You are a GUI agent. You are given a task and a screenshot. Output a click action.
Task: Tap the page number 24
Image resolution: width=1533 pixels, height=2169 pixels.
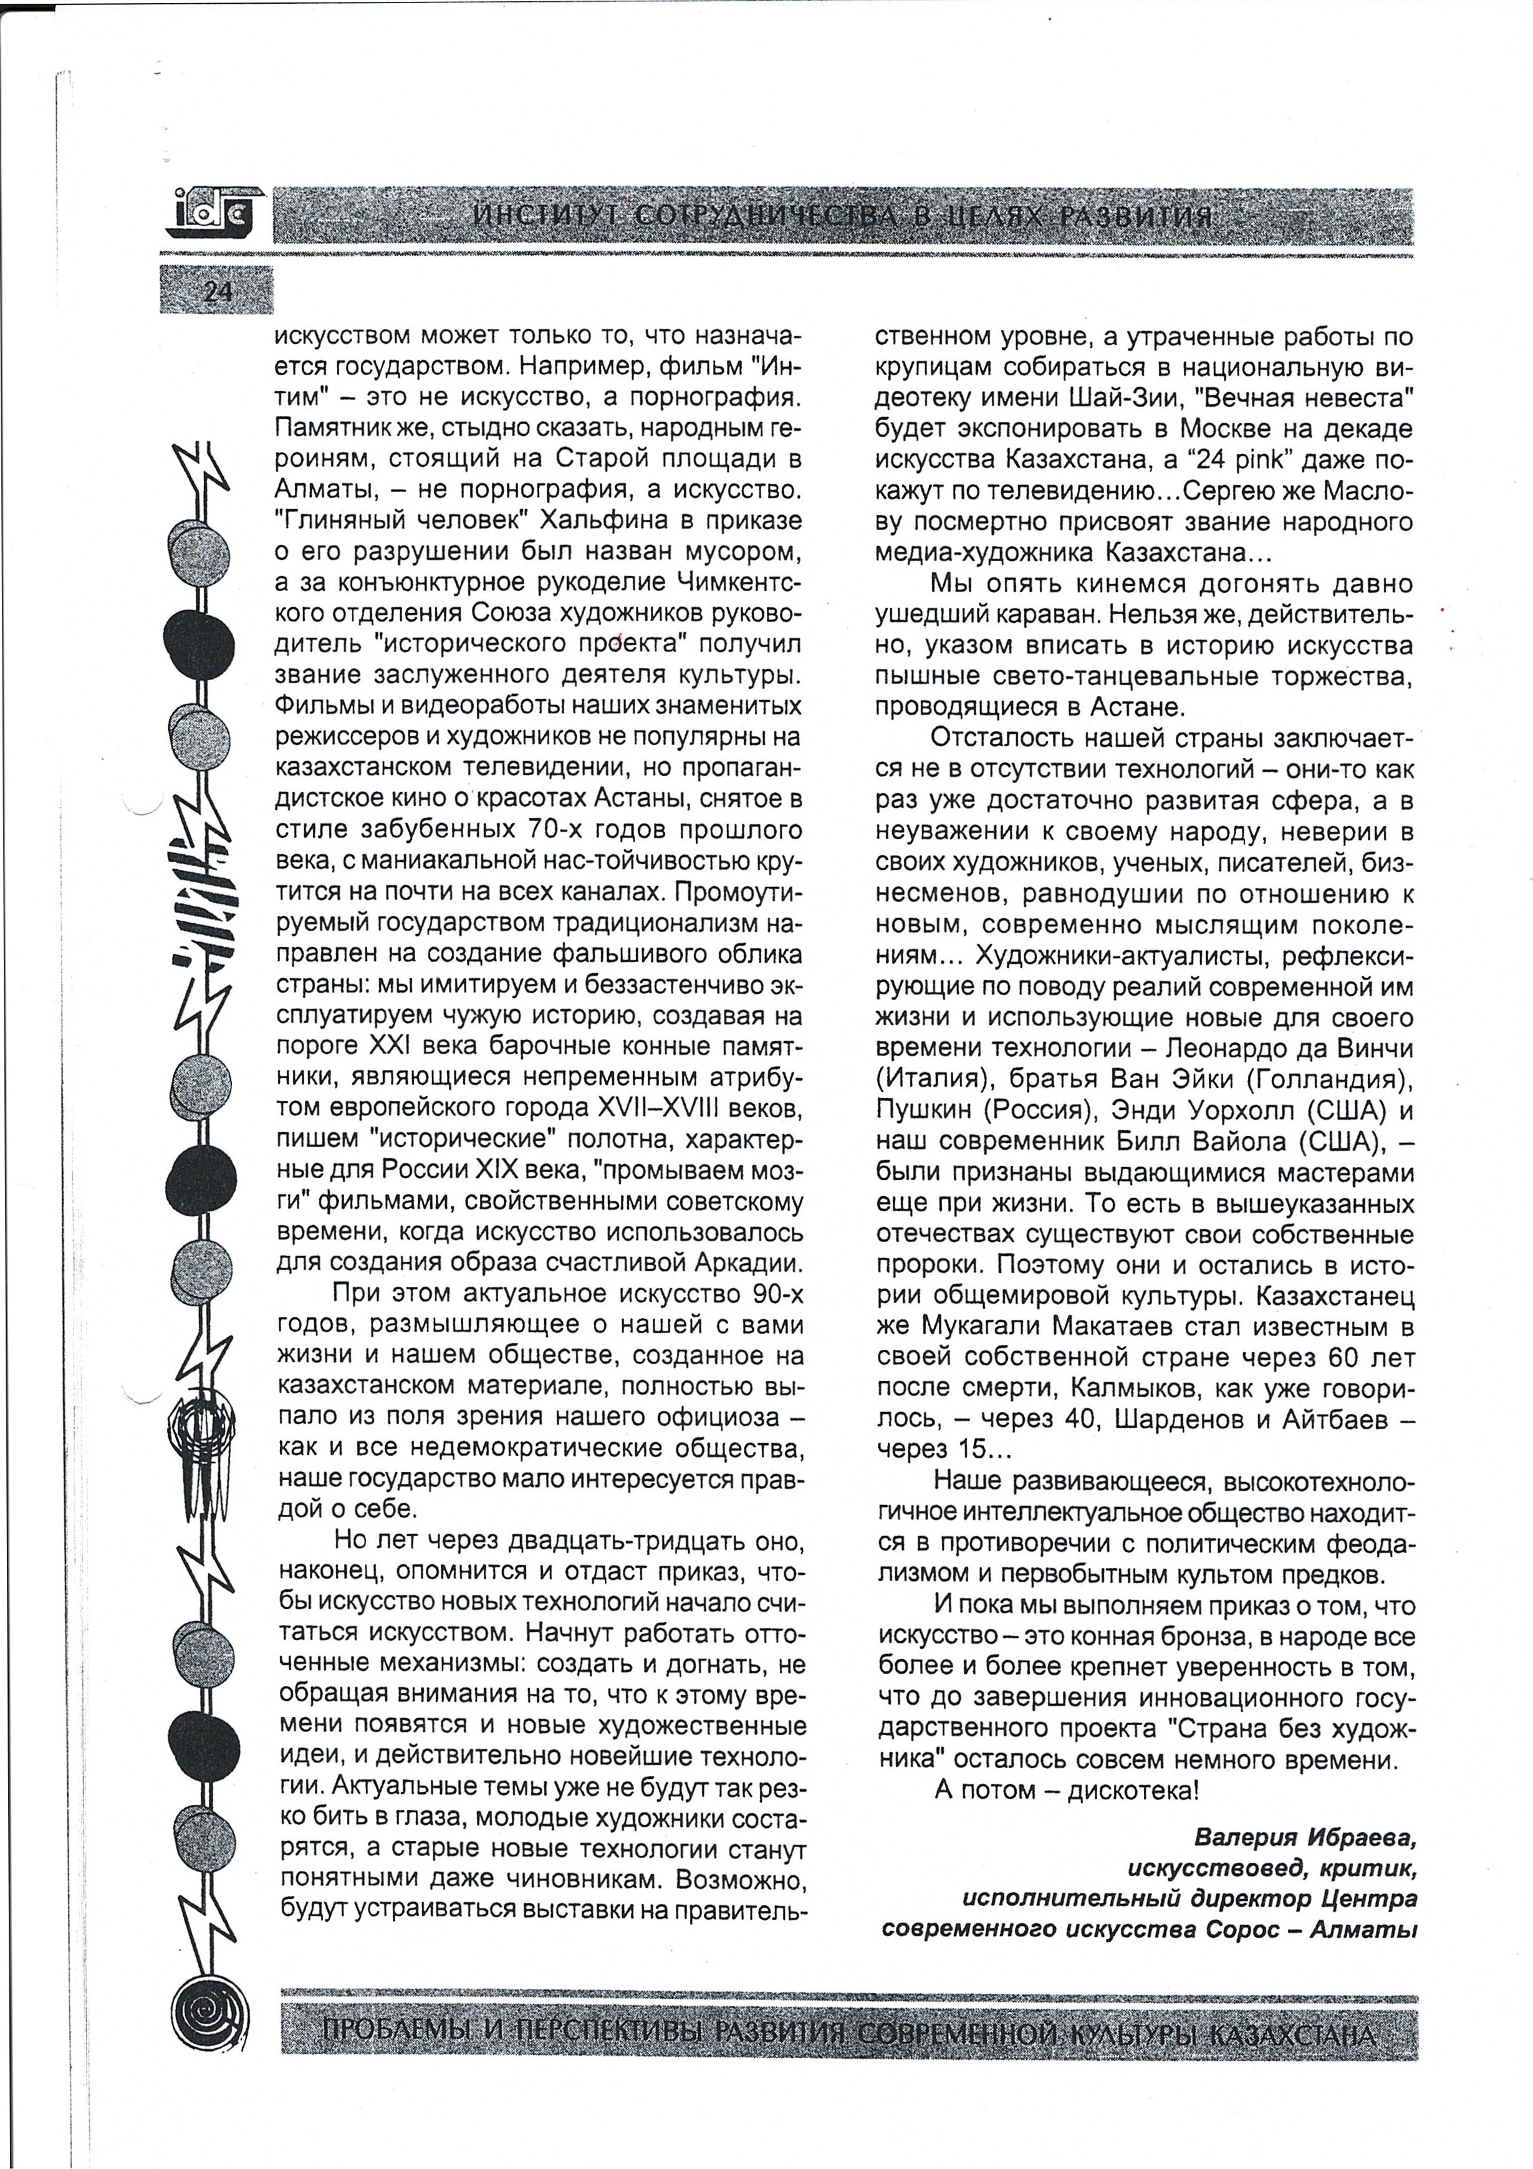pos(216,292)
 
